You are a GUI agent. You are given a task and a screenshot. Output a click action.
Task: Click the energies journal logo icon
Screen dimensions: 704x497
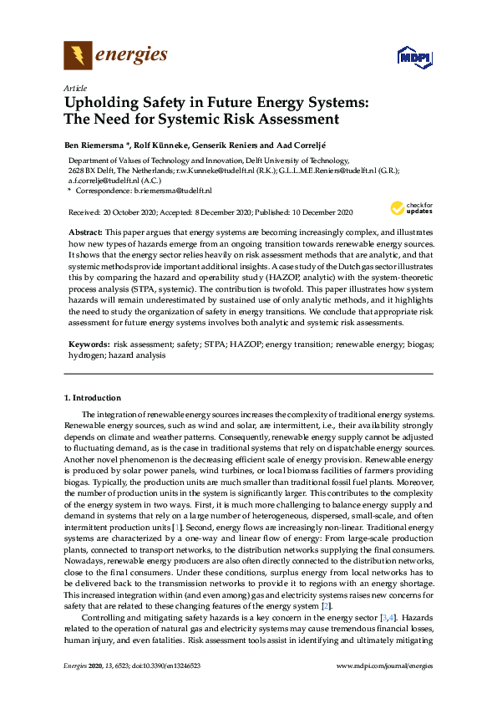point(78,56)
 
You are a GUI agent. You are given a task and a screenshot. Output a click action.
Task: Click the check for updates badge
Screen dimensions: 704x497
point(410,208)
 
